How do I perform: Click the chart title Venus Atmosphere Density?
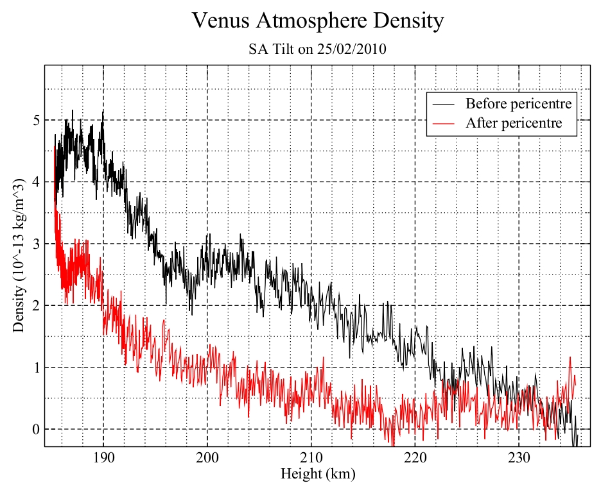click(318, 21)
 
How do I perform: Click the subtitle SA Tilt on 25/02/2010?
click(317, 49)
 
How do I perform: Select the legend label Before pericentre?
click(518, 103)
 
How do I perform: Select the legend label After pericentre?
click(514, 123)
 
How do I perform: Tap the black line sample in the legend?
click(444, 103)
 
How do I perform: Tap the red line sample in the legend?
click(444, 123)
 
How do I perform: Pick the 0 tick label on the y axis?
click(36, 429)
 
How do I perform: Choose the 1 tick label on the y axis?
click(36, 367)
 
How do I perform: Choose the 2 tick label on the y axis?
click(36, 305)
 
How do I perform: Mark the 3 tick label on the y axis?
click(36, 244)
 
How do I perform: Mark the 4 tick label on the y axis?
click(36, 182)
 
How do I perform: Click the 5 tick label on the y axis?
click(36, 120)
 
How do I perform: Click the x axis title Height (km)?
click(318, 475)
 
